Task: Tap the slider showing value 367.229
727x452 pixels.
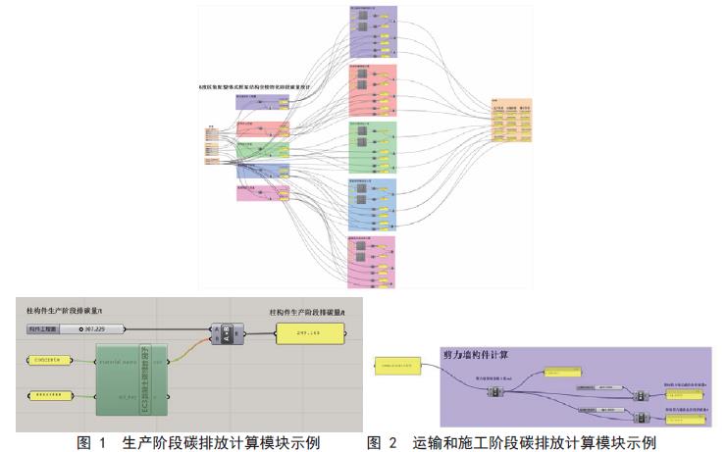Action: pyautogui.click(x=104, y=327)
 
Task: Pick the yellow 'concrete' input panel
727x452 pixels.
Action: pyautogui.click(x=49, y=360)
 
